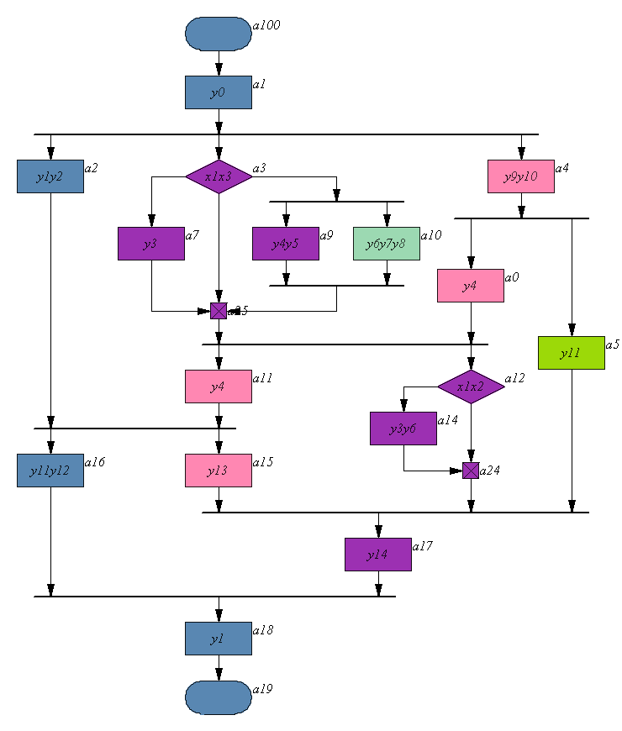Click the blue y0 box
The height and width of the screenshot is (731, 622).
click(219, 92)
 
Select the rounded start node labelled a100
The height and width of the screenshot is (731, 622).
click(219, 34)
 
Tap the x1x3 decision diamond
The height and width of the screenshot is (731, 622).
click(219, 176)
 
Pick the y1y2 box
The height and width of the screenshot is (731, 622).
click(50, 176)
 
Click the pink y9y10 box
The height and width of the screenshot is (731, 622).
click(521, 176)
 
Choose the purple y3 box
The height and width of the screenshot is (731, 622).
click(151, 244)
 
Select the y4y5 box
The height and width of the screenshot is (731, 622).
click(286, 244)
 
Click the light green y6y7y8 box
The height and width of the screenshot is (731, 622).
click(387, 244)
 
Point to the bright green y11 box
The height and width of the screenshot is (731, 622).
click(572, 353)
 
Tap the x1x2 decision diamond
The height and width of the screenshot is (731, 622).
click(471, 387)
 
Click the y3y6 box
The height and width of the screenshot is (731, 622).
click(403, 429)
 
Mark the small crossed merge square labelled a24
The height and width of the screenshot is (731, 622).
click(471, 471)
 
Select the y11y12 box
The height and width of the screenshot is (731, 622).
click(50, 471)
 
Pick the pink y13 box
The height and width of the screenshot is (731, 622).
click(219, 471)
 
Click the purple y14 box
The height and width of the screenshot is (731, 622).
click(378, 555)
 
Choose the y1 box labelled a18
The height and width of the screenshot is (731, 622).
click(219, 639)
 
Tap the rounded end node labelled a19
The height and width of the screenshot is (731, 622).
click(219, 697)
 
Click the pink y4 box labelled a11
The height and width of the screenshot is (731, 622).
click(219, 387)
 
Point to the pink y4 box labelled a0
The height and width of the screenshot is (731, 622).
click(471, 286)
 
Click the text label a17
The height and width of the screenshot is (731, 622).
click(423, 546)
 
